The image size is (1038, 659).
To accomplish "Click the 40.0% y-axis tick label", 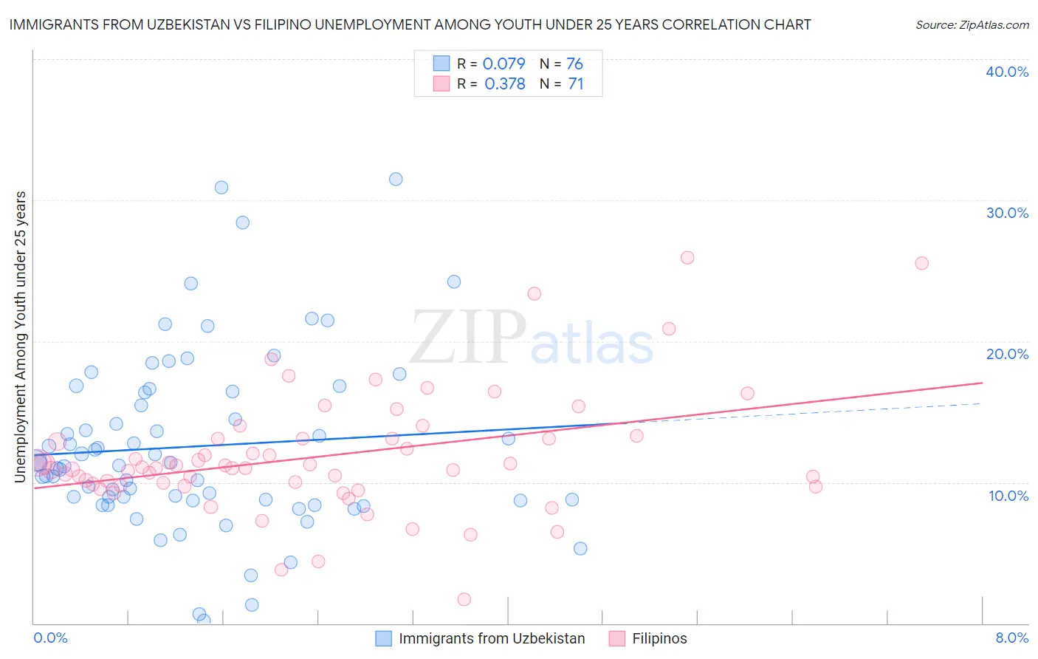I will [x=1006, y=72].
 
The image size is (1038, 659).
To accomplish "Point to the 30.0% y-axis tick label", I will [x=1006, y=213].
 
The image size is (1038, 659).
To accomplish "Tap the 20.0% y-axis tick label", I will [x=1006, y=354].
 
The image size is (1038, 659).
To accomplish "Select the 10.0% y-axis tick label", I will [x=1008, y=496].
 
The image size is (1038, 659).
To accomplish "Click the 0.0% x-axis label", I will [x=50, y=638].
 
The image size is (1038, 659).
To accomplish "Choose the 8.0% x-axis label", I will [x=1011, y=638].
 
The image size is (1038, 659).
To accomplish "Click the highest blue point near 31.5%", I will [x=396, y=179].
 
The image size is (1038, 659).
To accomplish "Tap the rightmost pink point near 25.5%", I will [x=921, y=263].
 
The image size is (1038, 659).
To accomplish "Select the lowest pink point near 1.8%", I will [x=464, y=599].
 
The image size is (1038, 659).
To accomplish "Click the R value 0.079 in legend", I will [x=503, y=64].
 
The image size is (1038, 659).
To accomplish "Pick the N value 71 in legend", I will [x=576, y=84].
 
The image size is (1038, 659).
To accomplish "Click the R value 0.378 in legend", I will [x=505, y=84].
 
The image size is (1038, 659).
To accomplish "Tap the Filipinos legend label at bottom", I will [x=659, y=639].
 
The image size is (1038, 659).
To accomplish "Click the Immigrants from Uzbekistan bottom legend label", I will [x=492, y=639].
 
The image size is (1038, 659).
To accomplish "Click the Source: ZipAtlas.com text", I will [x=972, y=25].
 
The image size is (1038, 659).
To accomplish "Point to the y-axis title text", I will [x=21, y=337].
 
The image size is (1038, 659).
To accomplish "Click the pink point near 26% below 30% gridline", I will [x=687, y=258].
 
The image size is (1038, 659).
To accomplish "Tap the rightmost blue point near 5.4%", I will [x=580, y=548].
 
